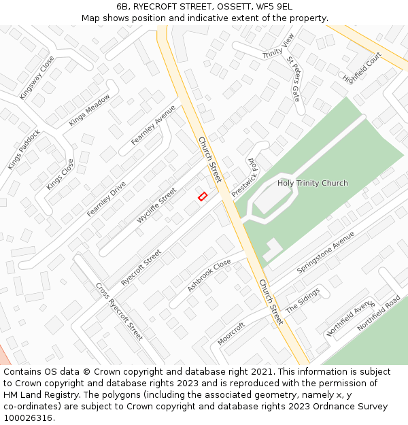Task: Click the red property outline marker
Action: click(202, 197)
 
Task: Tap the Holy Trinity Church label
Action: click(312, 183)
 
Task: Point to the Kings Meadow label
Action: click(89, 109)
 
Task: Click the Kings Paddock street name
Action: click(24, 150)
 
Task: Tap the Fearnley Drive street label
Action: click(106, 193)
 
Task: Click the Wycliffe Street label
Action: click(156, 205)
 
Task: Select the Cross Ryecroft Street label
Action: click(119, 311)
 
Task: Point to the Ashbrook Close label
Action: click(209, 275)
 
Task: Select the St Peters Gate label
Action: click(294, 79)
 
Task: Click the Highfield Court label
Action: click(362, 68)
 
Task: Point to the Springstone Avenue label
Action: click(326, 252)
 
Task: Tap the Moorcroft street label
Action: click(231, 333)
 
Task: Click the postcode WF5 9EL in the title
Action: click(275, 7)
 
